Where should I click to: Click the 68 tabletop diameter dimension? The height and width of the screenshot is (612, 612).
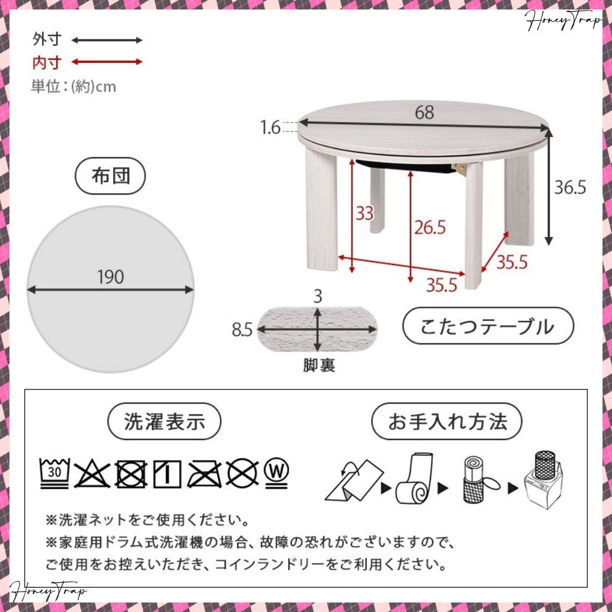[424, 112]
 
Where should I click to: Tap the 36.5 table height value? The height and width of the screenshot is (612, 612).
[570, 187]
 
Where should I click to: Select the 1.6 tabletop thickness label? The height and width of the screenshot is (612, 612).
[271, 127]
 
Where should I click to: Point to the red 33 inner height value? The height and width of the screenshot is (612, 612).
[365, 213]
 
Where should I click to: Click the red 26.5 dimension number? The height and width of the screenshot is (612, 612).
[429, 227]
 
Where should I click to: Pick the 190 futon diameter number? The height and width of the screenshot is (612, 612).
[110, 276]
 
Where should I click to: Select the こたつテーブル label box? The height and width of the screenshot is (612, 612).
[488, 326]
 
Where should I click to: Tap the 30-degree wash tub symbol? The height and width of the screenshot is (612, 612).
[55, 473]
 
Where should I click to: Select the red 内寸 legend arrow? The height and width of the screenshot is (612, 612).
[107, 62]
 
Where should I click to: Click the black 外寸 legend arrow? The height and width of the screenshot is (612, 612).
[107, 40]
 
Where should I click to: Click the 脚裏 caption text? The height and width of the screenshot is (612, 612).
[319, 366]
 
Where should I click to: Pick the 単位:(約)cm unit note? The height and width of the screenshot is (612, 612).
[74, 87]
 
